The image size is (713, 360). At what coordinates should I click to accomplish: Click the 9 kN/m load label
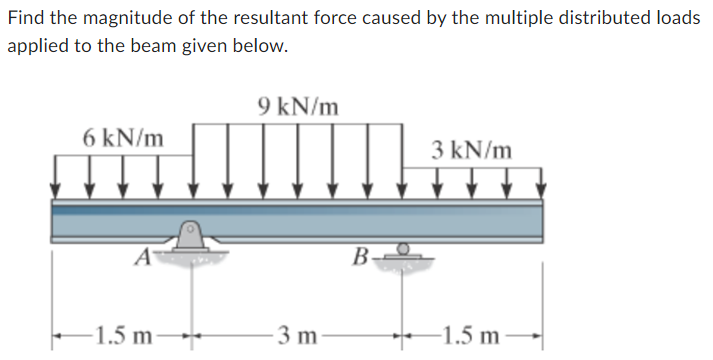click(298, 105)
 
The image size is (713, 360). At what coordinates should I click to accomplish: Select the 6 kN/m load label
click(124, 136)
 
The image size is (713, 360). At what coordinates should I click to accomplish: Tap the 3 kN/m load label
click(472, 152)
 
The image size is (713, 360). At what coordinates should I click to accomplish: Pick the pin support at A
click(190, 237)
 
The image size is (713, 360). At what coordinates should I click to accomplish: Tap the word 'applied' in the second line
click(35, 47)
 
